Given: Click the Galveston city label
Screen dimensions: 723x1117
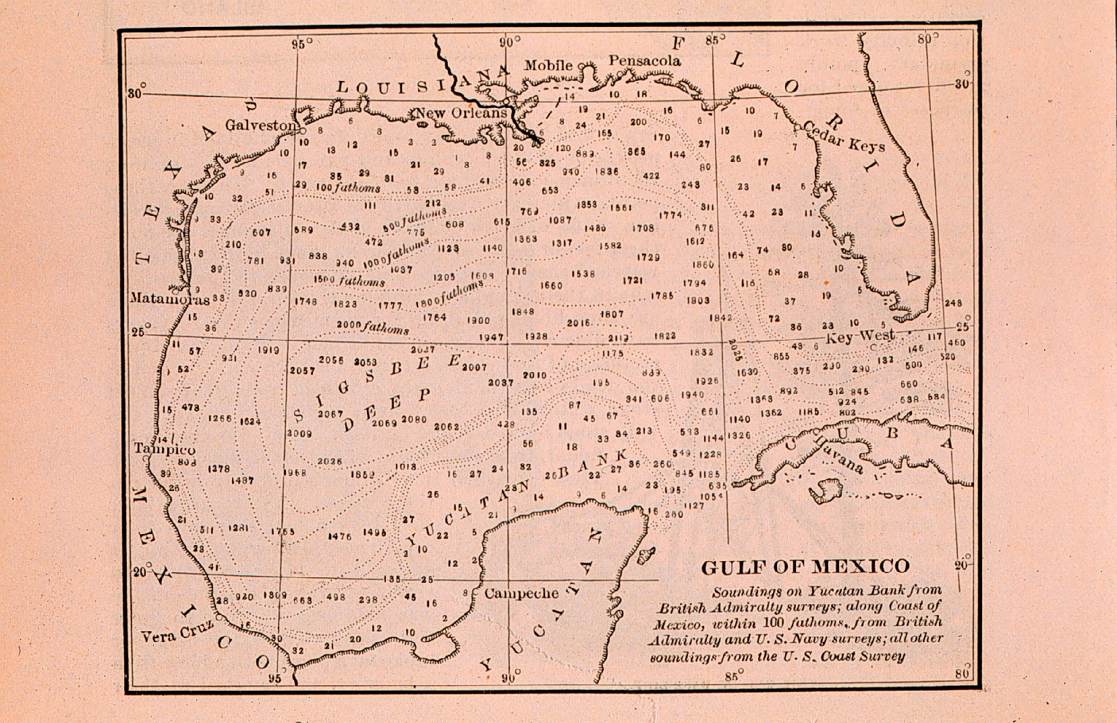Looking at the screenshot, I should click(260, 125).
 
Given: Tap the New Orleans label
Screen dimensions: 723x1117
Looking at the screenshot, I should click(461, 113).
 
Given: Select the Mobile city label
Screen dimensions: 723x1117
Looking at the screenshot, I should click(548, 65).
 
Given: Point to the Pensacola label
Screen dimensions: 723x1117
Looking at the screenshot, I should click(645, 61).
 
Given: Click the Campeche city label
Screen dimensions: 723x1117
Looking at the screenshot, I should click(521, 594).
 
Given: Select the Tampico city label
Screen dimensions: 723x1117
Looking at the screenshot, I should click(165, 450).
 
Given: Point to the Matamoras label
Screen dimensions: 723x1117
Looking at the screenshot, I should click(169, 297).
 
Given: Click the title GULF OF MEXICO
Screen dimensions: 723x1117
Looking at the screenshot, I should click(805, 567).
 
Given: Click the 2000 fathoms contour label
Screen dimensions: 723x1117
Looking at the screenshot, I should click(372, 327).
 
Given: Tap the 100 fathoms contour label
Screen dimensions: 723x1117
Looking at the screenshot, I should click(348, 188).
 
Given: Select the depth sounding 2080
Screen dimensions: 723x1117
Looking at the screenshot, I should click(414, 419).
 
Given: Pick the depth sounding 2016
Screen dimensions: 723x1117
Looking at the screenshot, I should click(578, 324).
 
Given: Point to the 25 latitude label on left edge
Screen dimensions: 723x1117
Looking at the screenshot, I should click(138, 332).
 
